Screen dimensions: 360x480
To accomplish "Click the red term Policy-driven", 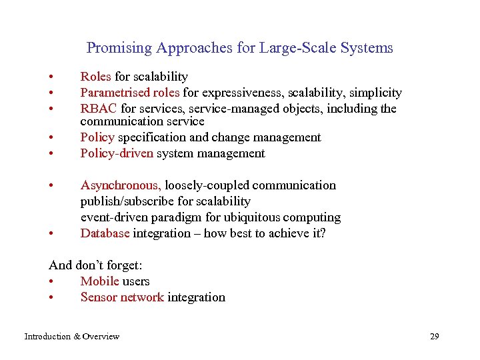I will (x=117, y=153).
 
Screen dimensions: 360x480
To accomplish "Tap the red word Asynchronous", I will (x=121, y=185).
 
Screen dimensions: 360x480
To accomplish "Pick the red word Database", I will (x=105, y=233).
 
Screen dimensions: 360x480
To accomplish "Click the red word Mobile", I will (x=99, y=281).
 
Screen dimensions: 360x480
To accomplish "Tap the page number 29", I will (x=435, y=337).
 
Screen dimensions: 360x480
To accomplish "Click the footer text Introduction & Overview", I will (x=72, y=337).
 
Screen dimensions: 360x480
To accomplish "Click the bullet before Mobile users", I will (x=51, y=281).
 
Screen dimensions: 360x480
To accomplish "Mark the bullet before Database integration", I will (x=51, y=233).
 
